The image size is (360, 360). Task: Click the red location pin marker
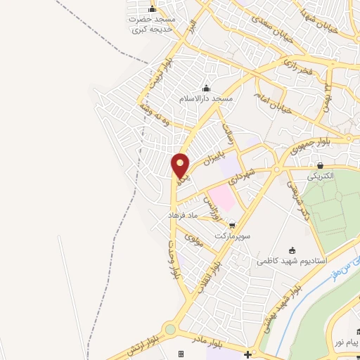click(x=181, y=165)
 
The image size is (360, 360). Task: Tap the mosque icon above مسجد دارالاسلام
click(x=206, y=89)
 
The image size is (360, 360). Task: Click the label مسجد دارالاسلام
click(x=205, y=99)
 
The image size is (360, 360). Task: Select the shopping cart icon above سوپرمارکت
click(x=232, y=226)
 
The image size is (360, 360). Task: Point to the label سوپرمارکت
click(x=233, y=236)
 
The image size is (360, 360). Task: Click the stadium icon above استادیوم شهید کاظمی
click(x=292, y=250)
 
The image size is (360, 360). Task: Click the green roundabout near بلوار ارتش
click(x=169, y=330)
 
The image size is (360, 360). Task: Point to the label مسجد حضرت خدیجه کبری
click(x=150, y=24)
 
